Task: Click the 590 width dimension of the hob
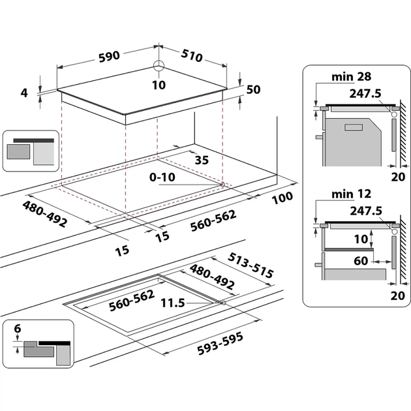pyautogui.click(x=109, y=55)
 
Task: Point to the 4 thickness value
pyautogui.click(x=24, y=93)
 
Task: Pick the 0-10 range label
pyautogui.click(x=162, y=177)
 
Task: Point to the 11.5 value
pyautogui.click(x=172, y=303)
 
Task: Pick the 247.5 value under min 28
pyautogui.click(x=365, y=93)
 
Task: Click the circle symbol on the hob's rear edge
pyautogui.click(x=159, y=67)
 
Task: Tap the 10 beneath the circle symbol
pyautogui.click(x=159, y=85)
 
